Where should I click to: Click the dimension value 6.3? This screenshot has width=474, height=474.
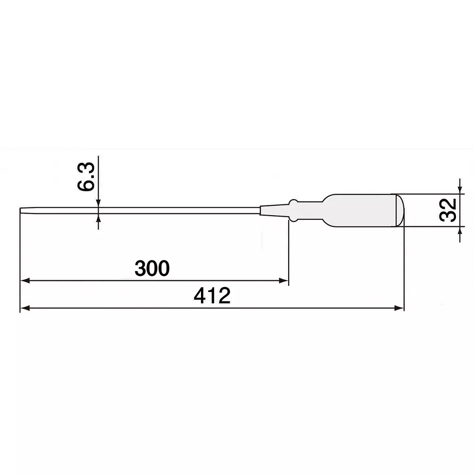click(x=87, y=177)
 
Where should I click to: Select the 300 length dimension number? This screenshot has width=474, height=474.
click(x=152, y=269)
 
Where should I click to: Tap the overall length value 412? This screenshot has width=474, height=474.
click(x=212, y=296)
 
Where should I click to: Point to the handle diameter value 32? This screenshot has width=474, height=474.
click(x=447, y=210)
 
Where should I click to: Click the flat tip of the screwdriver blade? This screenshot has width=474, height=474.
click(x=22, y=210)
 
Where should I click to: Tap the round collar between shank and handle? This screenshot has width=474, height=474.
click(x=293, y=210)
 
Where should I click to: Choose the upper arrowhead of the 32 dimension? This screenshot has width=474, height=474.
click(x=459, y=190)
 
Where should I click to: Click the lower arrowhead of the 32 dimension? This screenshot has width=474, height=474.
click(x=459, y=231)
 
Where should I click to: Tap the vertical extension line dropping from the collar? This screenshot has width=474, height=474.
click(x=289, y=251)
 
